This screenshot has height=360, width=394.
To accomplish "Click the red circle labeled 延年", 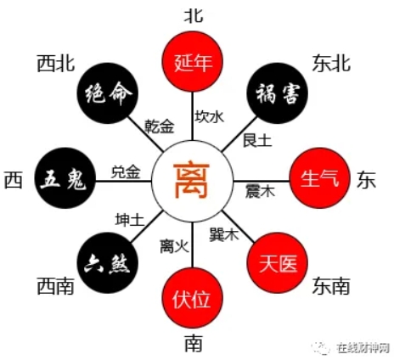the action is click(x=193, y=62).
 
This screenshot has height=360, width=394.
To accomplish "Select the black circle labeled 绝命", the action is click(x=108, y=93).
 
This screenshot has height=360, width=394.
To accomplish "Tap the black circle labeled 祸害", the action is click(x=278, y=93).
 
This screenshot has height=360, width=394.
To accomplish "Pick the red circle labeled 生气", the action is click(x=320, y=178).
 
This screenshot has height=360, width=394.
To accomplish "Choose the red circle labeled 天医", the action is click(x=278, y=263).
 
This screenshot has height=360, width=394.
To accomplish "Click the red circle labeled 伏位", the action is click(x=193, y=298).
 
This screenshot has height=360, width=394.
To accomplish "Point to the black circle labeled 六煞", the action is click(x=108, y=263).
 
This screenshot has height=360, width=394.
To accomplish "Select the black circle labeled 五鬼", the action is click(x=65, y=178).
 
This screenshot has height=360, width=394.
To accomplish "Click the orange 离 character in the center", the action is click(x=192, y=180).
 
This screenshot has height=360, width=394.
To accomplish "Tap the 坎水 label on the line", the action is click(x=210, y=116).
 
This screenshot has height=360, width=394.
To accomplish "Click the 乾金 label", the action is click(x=160, y=127).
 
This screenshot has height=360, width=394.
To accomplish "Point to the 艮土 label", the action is click(x=257, y=140).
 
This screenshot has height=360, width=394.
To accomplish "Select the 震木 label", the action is click(x=260, y=191).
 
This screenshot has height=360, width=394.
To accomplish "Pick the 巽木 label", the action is click(x=224, y=234).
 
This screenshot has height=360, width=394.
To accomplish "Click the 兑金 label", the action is click(x=126, y=172).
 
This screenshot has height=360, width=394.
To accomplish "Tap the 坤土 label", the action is click(x=130, y=220).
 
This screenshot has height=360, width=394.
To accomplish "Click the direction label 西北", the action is click(x=56, y=64).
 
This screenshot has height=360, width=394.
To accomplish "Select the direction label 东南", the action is click(x=331, y=286).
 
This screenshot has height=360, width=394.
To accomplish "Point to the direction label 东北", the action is click(x=331, y=64).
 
